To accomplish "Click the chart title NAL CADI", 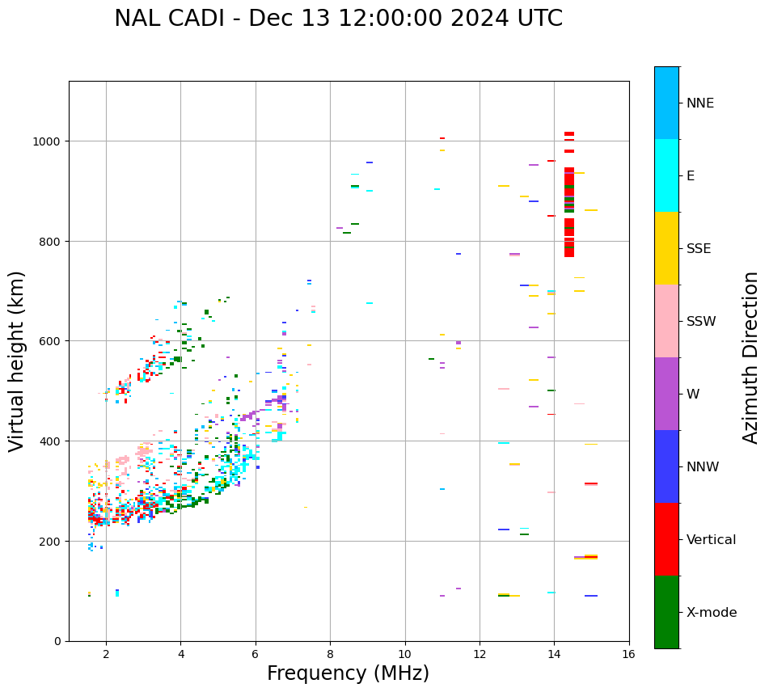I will tap(338, 19).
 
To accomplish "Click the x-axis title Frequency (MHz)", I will tap(348, 673).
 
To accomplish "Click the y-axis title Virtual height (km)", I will tap(18, 361).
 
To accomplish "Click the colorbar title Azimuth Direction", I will tap(750, 357).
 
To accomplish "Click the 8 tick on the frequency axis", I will tap(330, 654).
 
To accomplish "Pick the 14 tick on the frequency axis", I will tap(554, 654).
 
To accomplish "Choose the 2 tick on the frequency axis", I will tap(106, 654).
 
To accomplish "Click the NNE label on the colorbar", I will tap(700, 103).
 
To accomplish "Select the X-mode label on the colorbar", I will tap(712, 613).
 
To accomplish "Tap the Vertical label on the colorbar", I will tap(711, 540).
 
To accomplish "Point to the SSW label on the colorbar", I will tap(701, 322).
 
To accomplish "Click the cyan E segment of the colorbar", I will tap(666, 175).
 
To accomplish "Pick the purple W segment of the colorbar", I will tap(666, 394).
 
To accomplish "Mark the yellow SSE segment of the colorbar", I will tap(666, 248).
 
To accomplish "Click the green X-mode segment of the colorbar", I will tap(666, 612).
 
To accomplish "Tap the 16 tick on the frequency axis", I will tap(629, 654).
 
